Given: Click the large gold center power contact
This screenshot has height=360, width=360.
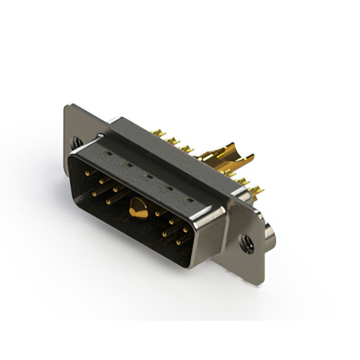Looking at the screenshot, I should pos(136,208).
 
